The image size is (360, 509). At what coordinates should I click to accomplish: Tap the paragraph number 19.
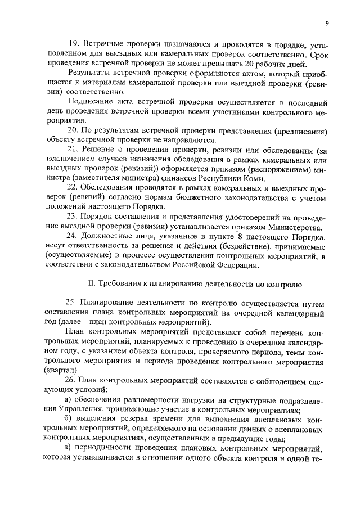point(74,44)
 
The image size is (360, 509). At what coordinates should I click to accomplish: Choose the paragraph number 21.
point(73,150)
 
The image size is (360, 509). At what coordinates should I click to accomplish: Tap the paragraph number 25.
point(73,304)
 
